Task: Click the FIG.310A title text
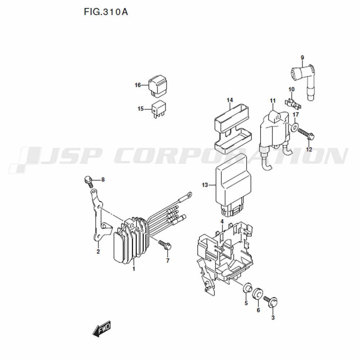[x=105, y=12]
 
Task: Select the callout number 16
[x=138, y=85]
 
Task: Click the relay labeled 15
[x=159, y=109]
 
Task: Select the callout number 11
[x=273, y=100]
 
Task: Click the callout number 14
[x=230, y=100]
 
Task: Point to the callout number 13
[x=205, y=185]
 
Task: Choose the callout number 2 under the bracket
[x=98, y=252]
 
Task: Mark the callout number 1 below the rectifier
[x=134, y=269]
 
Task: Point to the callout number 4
[x=222, y=221]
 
